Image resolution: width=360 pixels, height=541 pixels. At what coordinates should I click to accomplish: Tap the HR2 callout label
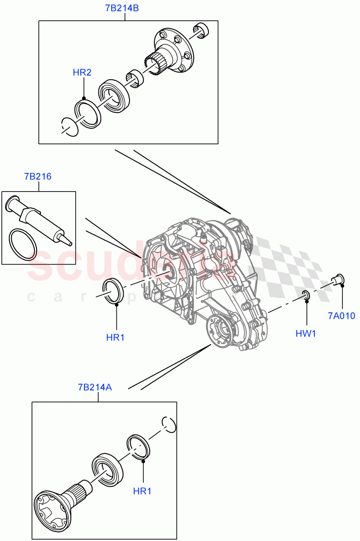tap(82, 73)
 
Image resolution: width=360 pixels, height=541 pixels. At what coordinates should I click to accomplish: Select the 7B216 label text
tap(38, 176)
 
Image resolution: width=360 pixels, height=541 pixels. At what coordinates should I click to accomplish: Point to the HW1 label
tap(306, 334)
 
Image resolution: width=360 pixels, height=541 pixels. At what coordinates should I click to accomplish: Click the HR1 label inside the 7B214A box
tap(142, 491)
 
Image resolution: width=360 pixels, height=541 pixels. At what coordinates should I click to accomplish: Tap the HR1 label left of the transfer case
tap(115, 337)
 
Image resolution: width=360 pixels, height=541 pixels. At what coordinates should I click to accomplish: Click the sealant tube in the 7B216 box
tap(38, 218)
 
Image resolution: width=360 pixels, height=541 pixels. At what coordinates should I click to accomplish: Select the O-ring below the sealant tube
tap(23, 245)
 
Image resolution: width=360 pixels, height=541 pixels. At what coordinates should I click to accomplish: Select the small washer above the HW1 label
tap(305, 295)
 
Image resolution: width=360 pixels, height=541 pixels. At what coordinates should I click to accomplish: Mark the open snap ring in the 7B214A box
tap(168, 423)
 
